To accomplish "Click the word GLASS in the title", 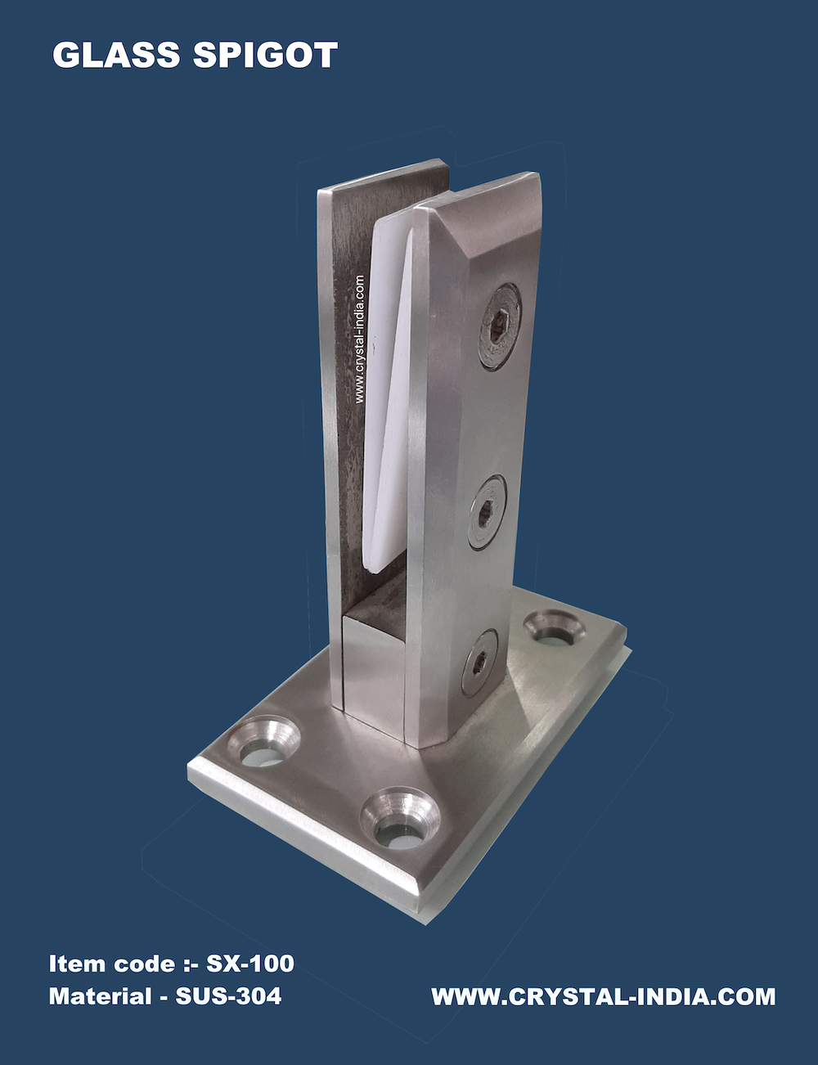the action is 116,55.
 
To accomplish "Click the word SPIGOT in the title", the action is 265,55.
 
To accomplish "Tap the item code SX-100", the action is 250,964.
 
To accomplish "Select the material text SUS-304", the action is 228,996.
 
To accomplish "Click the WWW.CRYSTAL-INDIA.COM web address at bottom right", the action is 604,997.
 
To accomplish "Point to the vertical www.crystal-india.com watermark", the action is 360,339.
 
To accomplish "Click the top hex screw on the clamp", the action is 500,326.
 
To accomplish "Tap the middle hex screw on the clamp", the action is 487,512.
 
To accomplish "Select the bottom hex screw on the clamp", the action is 479,662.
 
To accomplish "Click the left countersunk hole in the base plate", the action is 263,740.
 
